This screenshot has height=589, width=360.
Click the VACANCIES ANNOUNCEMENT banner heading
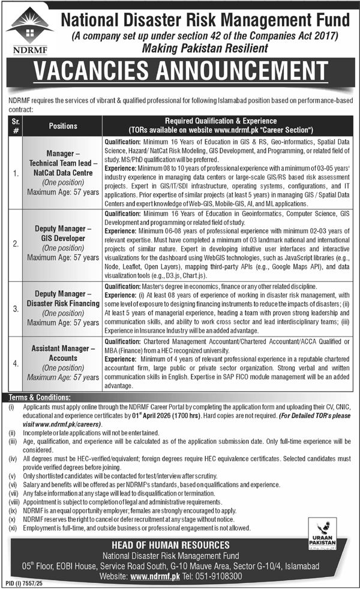pos(180,76)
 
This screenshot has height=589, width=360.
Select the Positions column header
pos(63,126)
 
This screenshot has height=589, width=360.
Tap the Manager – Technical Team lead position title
pos(63,158)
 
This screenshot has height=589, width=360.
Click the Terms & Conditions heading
pos(37,397)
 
